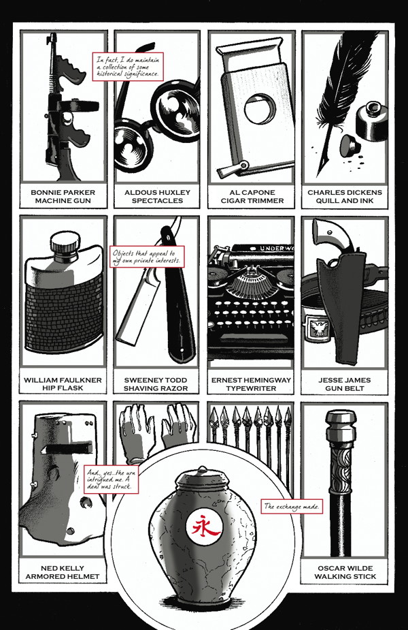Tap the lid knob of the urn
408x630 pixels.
(202, 469)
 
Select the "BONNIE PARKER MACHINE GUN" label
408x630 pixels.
(63, 196)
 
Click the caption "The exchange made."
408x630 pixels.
(292, 506)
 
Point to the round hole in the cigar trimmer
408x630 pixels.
(260, 109)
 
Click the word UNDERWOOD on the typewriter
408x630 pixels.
(276, 249)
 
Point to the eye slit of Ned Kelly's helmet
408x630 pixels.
(67, 447)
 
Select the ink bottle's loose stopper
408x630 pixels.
(349, 145)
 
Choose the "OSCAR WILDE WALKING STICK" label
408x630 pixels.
(345, 572)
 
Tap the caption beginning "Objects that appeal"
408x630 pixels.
(148, 257)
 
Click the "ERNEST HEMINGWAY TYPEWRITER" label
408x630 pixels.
(251, 384)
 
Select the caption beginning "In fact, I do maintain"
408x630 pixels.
(128, 67)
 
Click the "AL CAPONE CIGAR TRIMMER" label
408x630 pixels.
(252, 196)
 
